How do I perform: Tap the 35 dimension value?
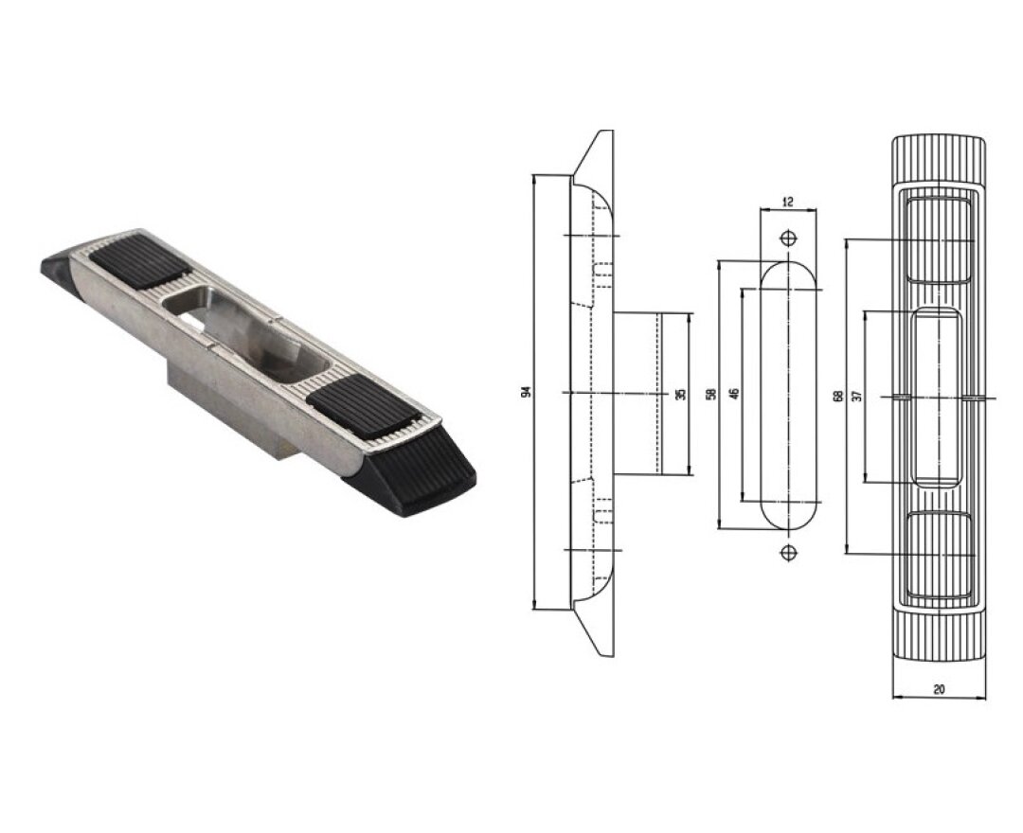681,395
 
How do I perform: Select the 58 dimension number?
711,394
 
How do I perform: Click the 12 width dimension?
787,202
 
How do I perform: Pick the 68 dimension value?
838,396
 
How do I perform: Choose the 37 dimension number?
856,396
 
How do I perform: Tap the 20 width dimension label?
939,688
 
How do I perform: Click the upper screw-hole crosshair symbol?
788,238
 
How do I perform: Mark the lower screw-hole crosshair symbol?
788,553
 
